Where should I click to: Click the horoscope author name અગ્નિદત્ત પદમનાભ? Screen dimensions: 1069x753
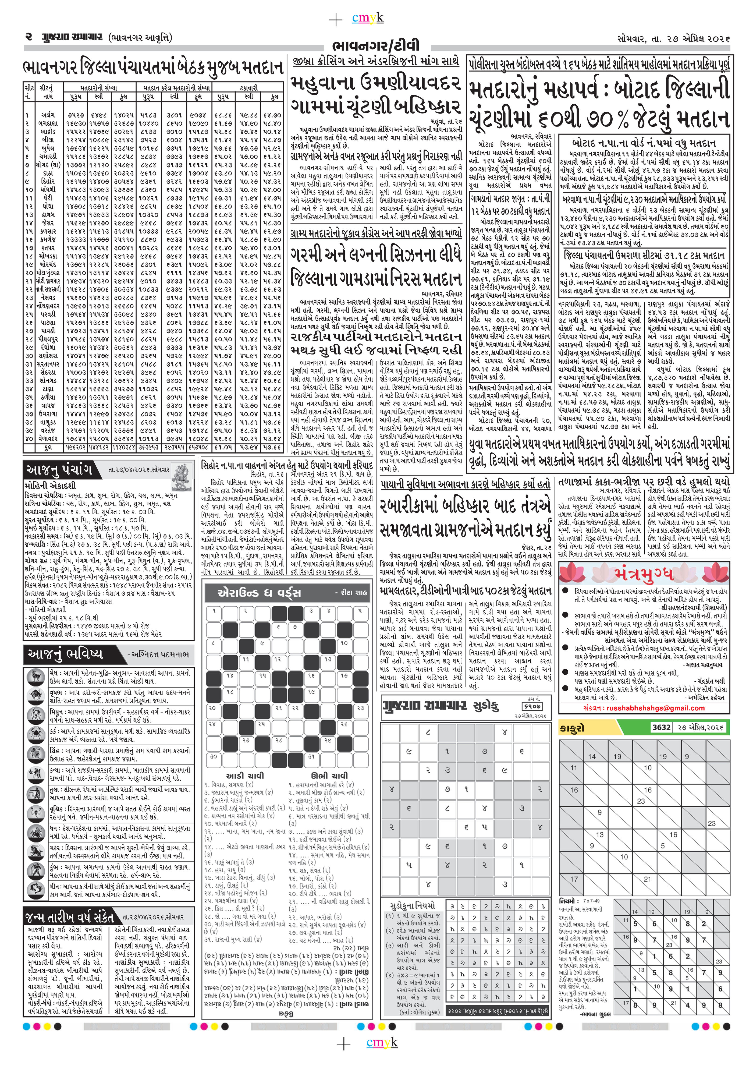pos(159,654)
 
